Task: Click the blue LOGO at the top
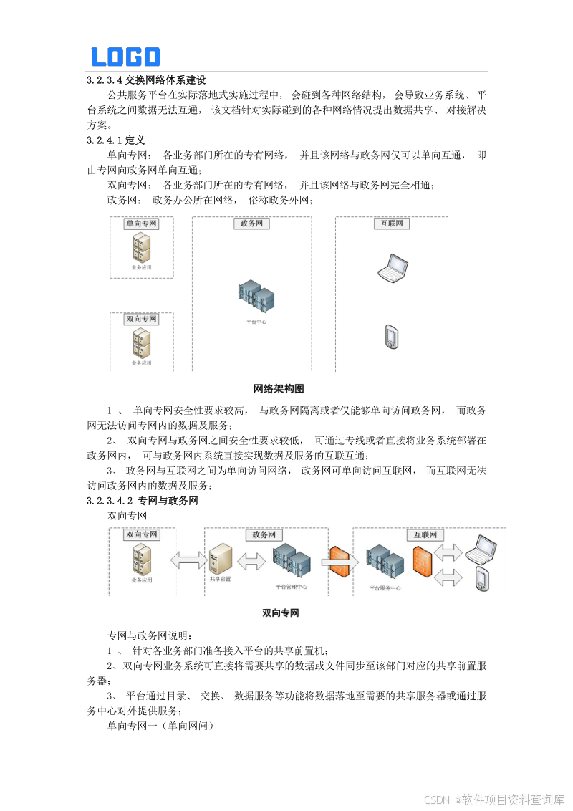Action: point(125,57)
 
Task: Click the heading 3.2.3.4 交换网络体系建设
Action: point(146,80)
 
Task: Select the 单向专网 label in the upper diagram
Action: point(141,224)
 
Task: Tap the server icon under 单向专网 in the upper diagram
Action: point(141,248)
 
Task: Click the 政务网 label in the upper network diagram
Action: point(251,224)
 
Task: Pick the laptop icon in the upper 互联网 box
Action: point(393,267)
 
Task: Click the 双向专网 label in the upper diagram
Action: point(141,320)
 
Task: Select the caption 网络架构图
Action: point(279,389)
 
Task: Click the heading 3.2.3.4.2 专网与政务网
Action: point(142,501)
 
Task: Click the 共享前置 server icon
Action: point(220,559)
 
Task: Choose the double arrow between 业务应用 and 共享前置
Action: point(188,560)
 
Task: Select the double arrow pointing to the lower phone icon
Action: point(449,577)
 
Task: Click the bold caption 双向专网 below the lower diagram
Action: point(280,613)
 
